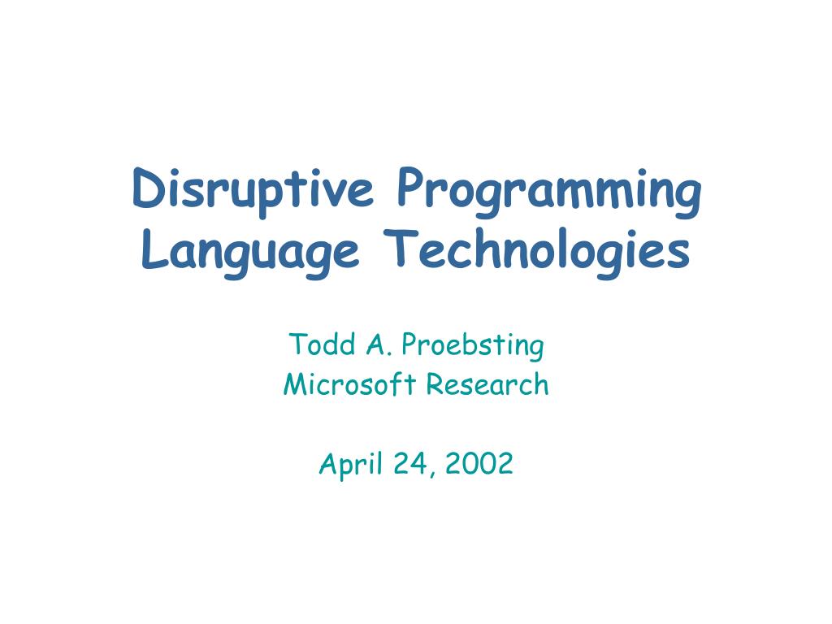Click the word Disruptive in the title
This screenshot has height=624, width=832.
(x=253, y=192)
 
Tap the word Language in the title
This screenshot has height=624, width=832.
(x=250, y=253)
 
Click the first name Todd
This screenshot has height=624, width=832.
(x=322, y=344)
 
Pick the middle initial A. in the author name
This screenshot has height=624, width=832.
(x=379, y=344)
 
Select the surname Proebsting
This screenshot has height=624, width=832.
(x=473, y=346)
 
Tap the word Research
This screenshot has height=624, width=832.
(x=487, y=384)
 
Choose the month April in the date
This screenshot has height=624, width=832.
(x=351, y=464)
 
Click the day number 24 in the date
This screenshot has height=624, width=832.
(x=410, y=463)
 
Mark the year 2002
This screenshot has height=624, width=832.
(x=479, y=463)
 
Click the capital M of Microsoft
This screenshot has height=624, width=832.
(x=296, y=384)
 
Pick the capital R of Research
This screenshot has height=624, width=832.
(x=435, y=384)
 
